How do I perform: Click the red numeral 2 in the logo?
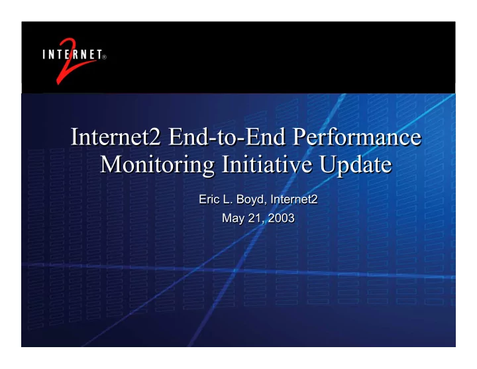tap(71, 62)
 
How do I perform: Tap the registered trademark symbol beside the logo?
tap(105, 57)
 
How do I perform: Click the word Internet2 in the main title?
tap(115, 137)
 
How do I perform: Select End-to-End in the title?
tap(227, 137)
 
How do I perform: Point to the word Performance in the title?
tap(357, 137)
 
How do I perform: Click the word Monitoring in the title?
tap(157, 165)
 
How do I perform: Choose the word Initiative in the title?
tap(267, 164)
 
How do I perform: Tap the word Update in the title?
tap(356, 165)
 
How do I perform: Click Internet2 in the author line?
tap(294, 199)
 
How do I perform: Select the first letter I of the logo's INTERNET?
tap(44, 55)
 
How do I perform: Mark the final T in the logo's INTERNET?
tap(99, 55)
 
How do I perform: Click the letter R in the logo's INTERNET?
tap(74, 55)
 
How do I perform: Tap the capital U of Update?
tap(329, 164)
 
